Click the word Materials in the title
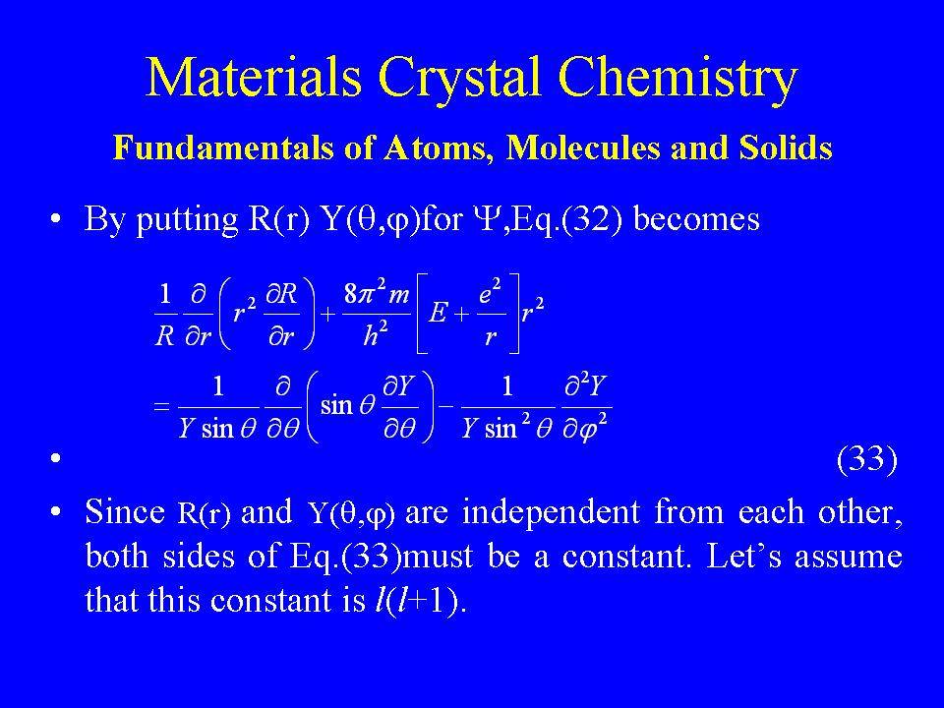254,76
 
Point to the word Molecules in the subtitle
583,147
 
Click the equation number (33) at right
867,459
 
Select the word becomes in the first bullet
696,218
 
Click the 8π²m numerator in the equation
377,294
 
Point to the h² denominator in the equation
375,334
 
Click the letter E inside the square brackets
439,314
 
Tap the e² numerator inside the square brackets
490,293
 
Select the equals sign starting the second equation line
161,406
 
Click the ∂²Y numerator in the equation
585,385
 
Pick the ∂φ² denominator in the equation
585,428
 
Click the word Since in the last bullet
125,511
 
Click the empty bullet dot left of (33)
56,459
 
